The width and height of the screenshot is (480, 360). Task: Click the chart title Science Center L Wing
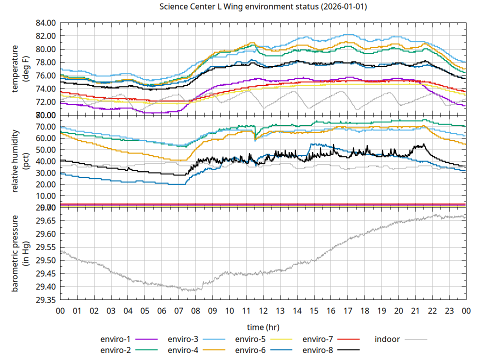point(263,7)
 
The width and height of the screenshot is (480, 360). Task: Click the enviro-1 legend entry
point(115,339)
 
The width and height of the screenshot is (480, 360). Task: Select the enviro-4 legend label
point(183,350)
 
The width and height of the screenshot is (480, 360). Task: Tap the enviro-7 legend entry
point(318,339)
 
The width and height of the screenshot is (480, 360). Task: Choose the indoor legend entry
point(387,339)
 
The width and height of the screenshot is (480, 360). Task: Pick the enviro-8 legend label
point(318,350)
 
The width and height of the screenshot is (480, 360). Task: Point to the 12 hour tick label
point(263,310)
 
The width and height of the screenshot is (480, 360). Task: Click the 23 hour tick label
point(449,310)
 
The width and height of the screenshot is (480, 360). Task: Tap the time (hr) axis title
point(263,327)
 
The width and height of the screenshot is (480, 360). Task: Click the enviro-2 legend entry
point(115,350)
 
